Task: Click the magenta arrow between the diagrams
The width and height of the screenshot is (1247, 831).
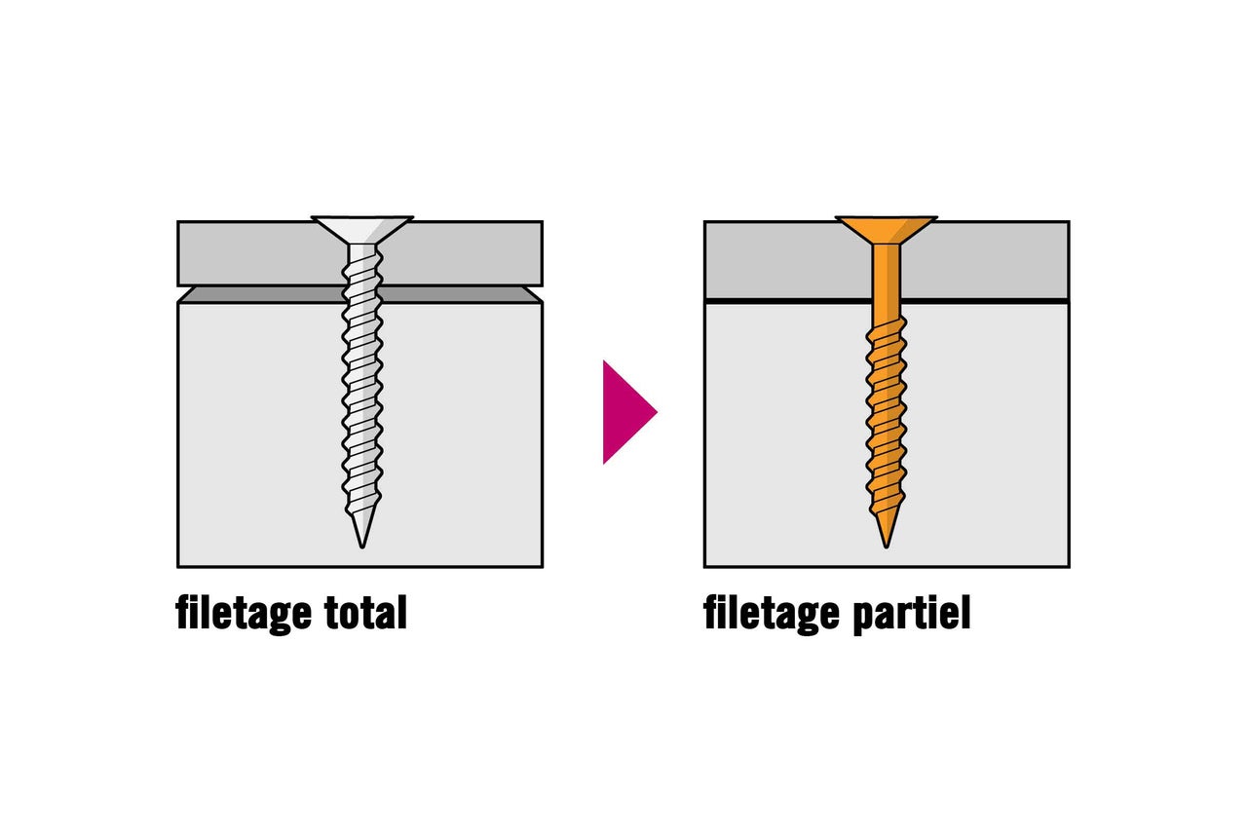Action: click(625, 412)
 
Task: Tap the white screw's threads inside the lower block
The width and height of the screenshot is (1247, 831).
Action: click(362, 409)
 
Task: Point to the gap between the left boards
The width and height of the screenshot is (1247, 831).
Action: click(253, 294)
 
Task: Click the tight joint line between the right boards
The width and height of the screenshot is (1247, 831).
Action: click(974, 301)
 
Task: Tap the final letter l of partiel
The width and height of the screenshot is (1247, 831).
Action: click(964, 612)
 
